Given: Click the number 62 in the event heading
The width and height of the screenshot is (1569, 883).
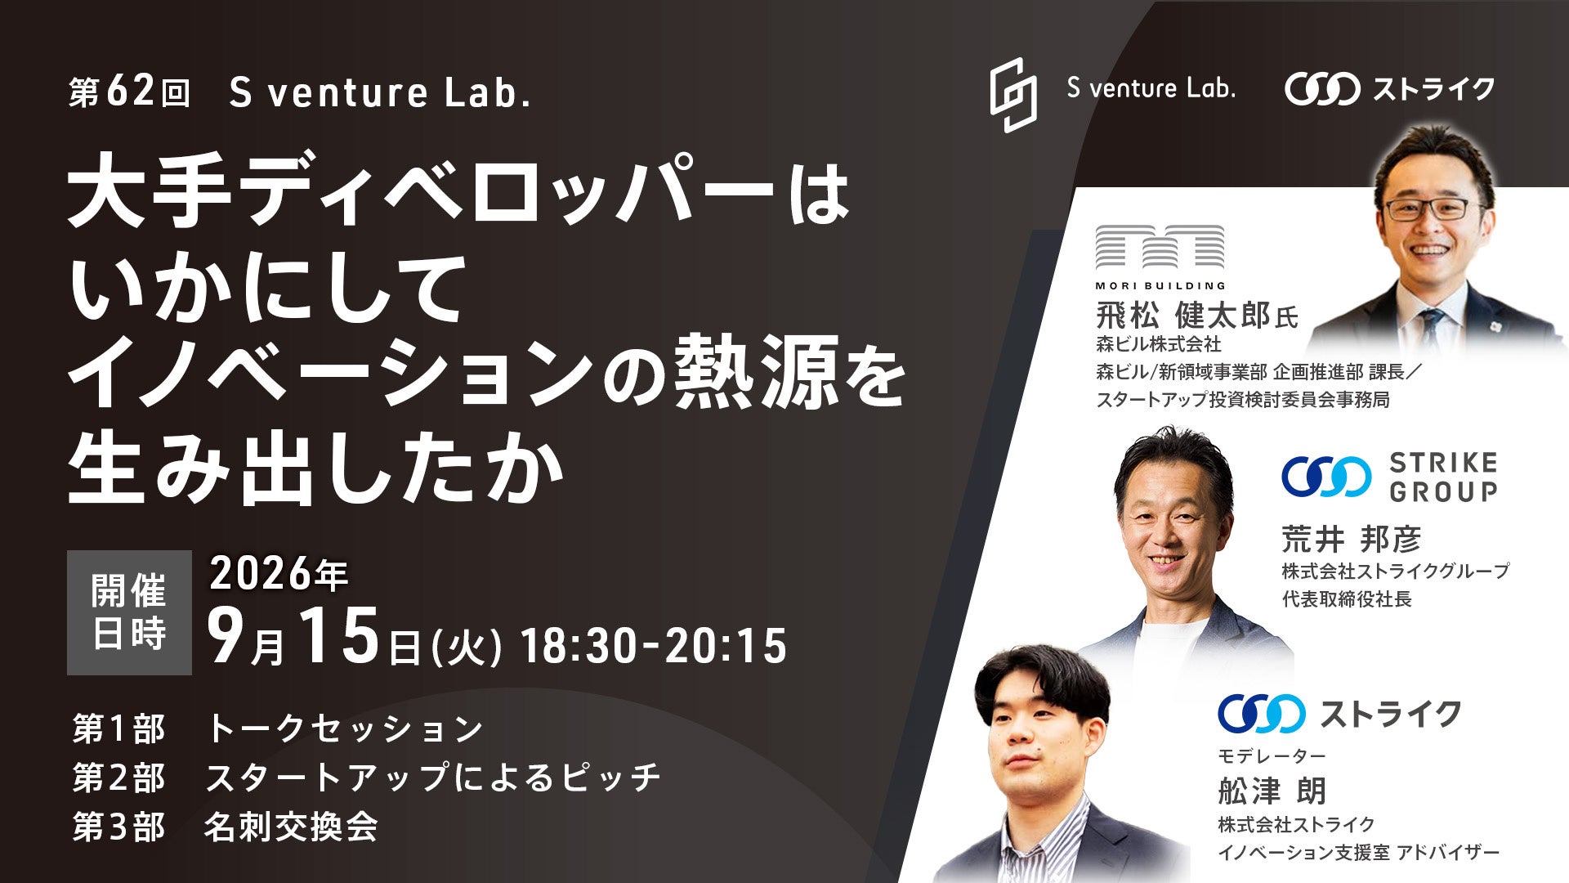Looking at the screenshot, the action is click(x=130, y=92).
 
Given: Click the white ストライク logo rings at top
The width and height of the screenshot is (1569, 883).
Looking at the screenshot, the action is click(x=1322, y=89).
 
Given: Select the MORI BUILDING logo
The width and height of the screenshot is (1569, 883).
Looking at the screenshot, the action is click(x=1160, y=258).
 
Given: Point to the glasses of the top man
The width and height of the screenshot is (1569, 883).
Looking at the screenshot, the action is click(x=1436, y=206).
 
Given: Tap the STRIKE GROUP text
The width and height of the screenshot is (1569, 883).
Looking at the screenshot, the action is click(x=1443, y=477).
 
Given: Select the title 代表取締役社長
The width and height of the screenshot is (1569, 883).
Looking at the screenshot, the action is click(x=1347, y=599).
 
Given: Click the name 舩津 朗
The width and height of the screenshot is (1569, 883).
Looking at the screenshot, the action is click(x=1272, y=791).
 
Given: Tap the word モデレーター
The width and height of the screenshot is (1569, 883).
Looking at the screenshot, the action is click(x=1272, y=755).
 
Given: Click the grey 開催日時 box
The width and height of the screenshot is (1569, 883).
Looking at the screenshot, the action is click(x=129, y=612).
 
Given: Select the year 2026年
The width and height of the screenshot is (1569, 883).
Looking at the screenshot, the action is click(x=279, y=574).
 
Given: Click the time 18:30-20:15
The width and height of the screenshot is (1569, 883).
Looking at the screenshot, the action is click(x=654, y=646).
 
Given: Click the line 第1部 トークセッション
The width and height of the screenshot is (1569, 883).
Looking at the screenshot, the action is click(x=278, y=729).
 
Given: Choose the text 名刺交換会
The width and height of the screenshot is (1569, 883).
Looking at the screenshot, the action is click(x=291, y=827).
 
